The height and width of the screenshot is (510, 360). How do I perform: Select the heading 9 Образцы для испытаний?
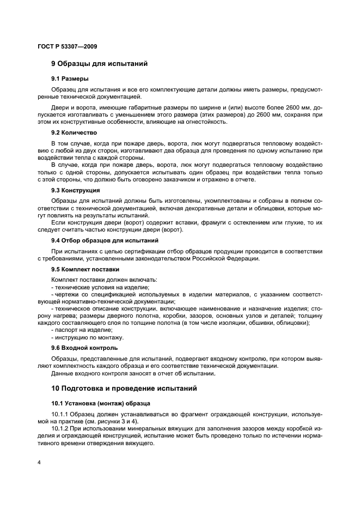pyautogui.click(x=99, y=64)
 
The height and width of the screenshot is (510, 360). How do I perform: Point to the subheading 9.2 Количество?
pyautogui.click(x=74, y=132)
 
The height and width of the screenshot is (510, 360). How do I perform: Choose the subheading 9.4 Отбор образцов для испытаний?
pyautogui.click(x=105, y=240)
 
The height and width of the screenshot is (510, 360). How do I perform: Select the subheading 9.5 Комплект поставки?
pyautogui.click(x=85, y=269)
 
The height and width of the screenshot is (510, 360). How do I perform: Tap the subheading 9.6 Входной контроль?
pyautogui.click(x=84, y=348)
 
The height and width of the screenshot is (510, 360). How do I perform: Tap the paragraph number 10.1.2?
pyautogui.click(x=60, y=429)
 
